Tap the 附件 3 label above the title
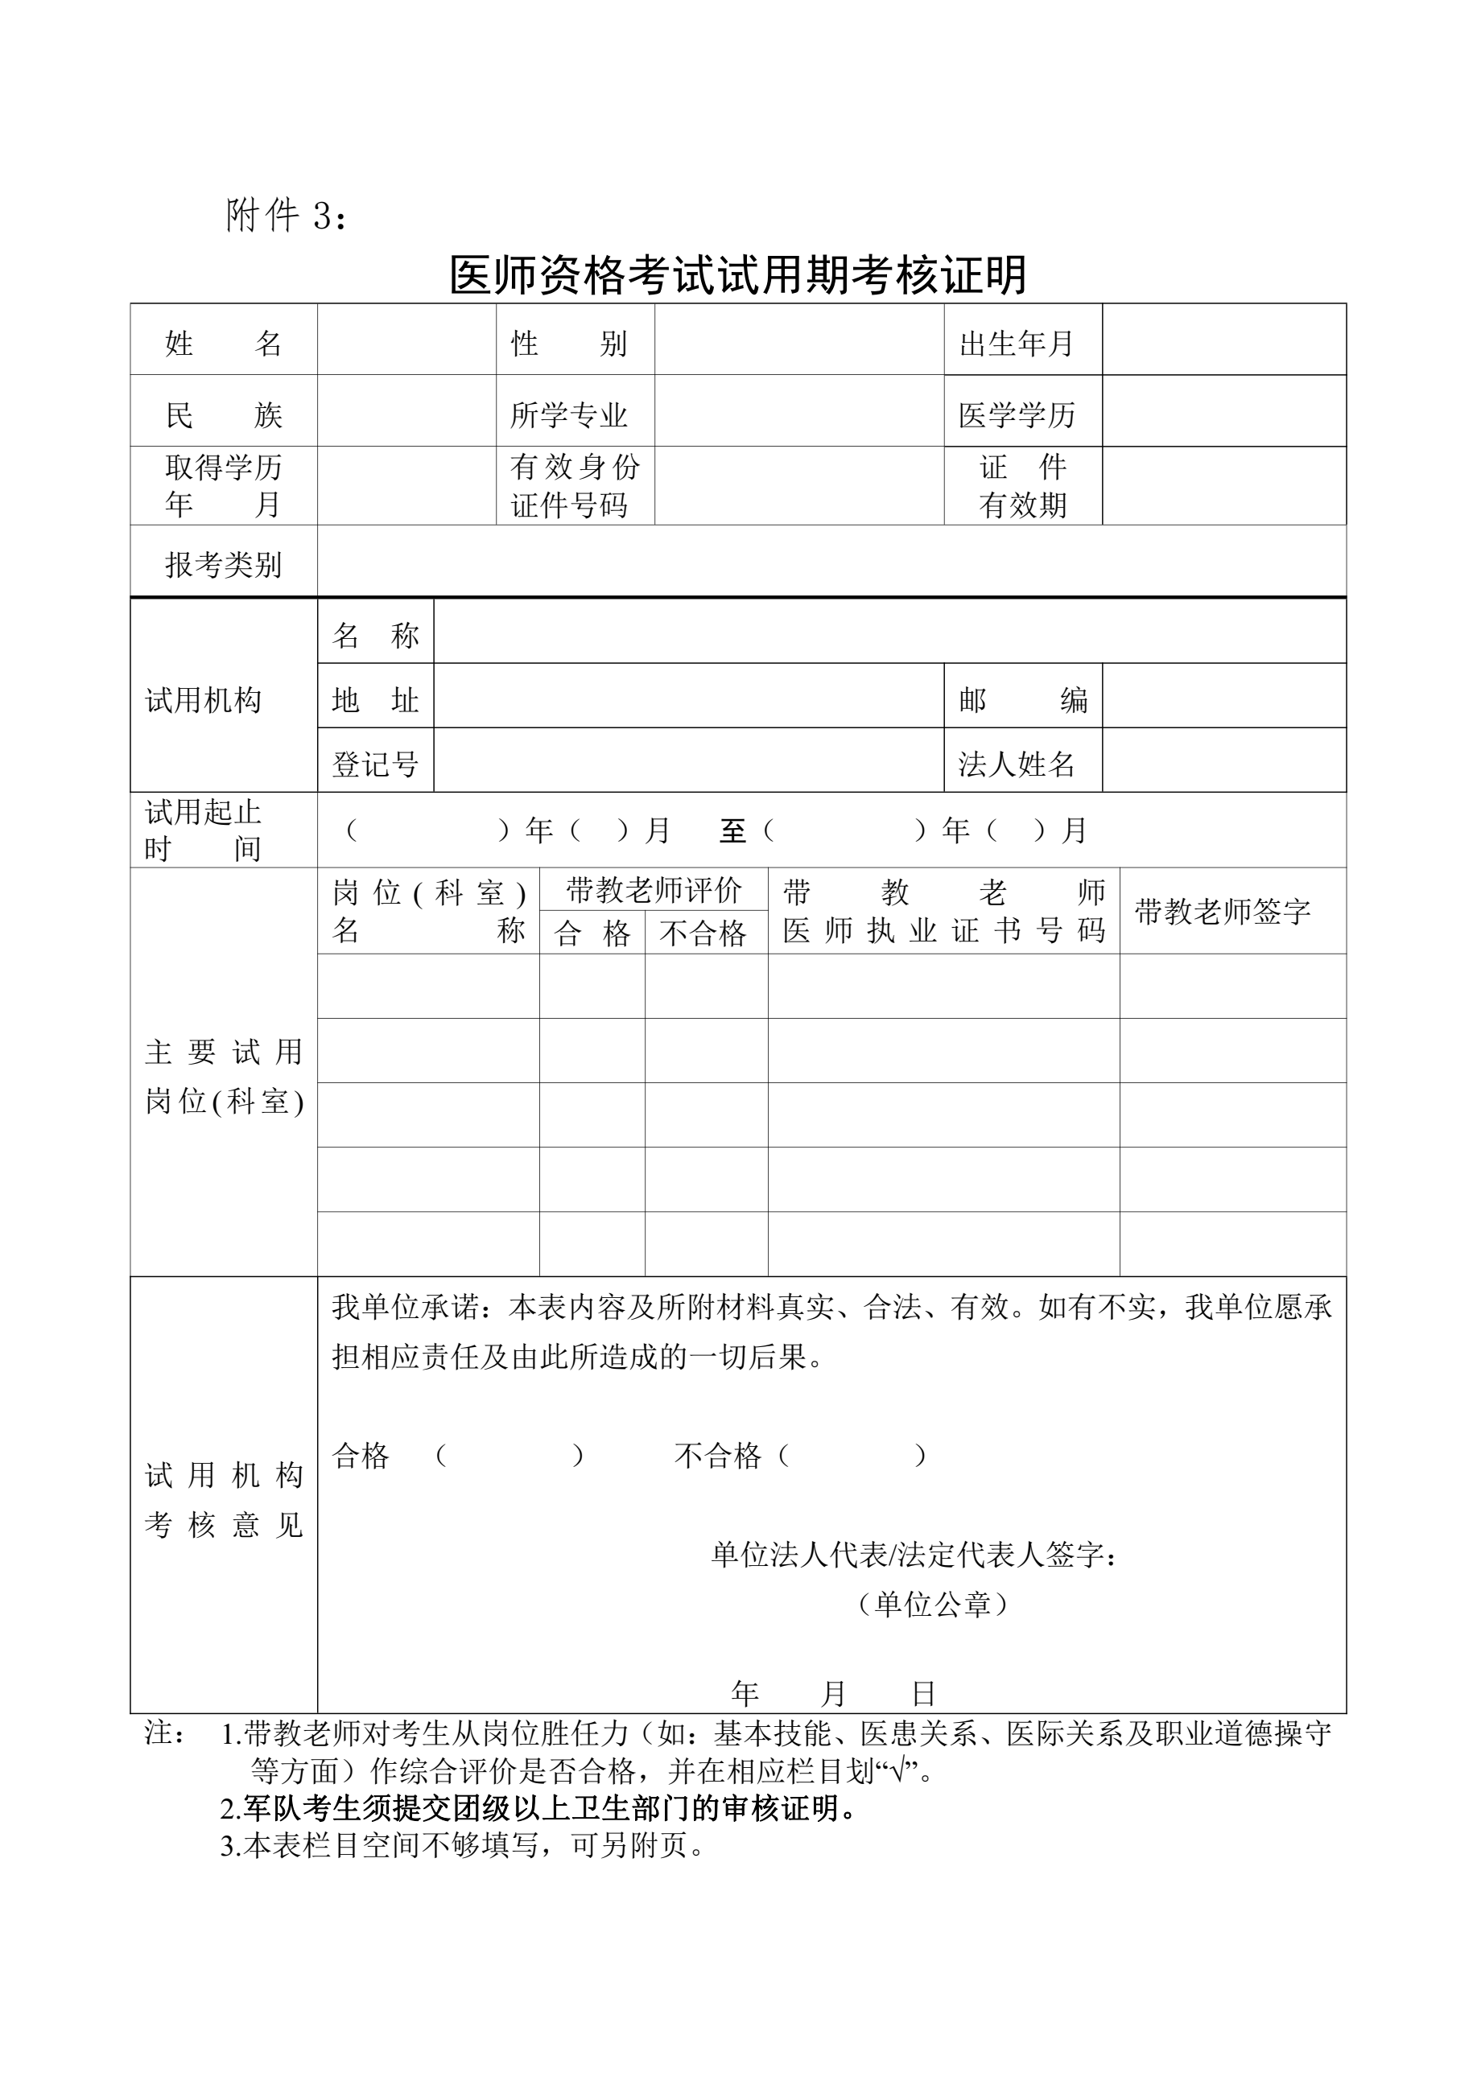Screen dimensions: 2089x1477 (x=285, y=216)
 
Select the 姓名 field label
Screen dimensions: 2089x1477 (x=223, y=343)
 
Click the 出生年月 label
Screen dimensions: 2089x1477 (x=1017, y=343)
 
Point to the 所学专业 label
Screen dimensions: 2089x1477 (x=569, y=415)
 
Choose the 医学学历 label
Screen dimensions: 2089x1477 (x=1017, y=415)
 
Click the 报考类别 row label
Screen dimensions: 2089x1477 (x=223, y=564)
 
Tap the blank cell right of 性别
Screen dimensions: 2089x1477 (x=799, y=340)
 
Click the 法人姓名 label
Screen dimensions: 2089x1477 (x=1017, y=764)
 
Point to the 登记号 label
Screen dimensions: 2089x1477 (x=375, y=764)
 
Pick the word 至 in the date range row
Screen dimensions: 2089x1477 (x=732, y=830)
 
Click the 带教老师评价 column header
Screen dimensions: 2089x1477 (x=654, y=890)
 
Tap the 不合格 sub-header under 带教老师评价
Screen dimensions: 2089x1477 (x=703, y=933)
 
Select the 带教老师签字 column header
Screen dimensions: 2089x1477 (x=1222, y=911)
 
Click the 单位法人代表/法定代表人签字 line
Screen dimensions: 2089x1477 (x=914, y=1555)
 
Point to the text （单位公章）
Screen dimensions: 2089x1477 (x=933, y=1604)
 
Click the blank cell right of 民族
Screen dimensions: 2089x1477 (x=406, y=410)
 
